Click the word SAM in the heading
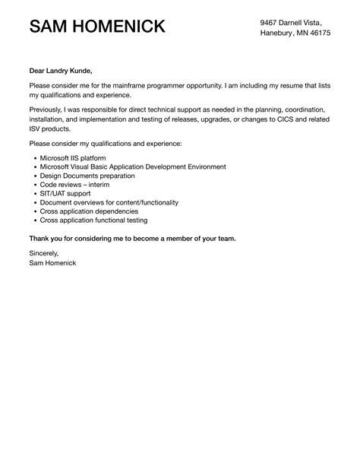click(52, 27)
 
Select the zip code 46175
click(317, 33)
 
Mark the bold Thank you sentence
click(132, 238)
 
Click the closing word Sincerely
click(43, 253)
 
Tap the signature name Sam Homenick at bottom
click(52, 263)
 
